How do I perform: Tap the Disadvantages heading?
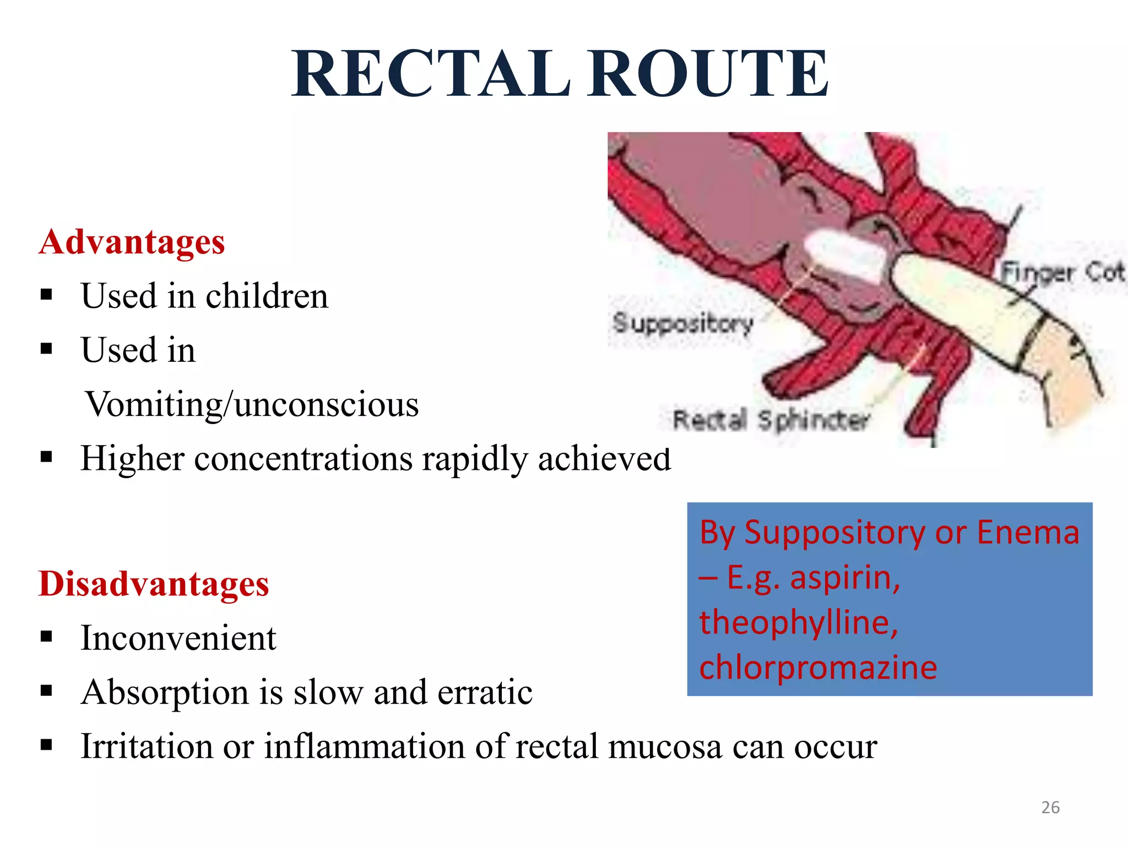(x=154, y=584)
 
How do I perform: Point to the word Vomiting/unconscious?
(x=252, y=405)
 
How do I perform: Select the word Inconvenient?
(x=178, y=638)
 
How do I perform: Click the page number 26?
(x=1050, y=807)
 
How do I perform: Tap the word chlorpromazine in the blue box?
(x=818, y=668)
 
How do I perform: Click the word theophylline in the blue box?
(x=798, y=622)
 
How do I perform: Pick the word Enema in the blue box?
(x=1027, y=533)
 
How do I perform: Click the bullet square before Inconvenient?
(x=46, y=637)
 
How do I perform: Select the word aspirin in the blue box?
(x=844, y=578)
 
